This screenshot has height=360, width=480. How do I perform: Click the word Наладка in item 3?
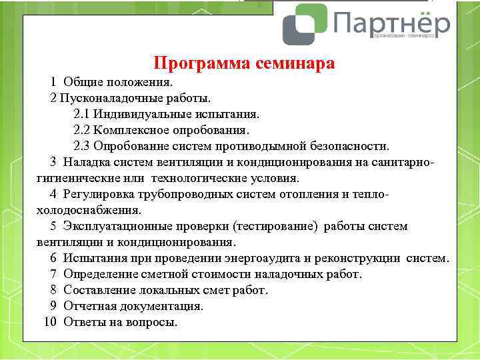(86, 162)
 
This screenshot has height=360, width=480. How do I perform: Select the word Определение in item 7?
(99, 274)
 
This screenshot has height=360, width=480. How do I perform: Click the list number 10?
(51, 322)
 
